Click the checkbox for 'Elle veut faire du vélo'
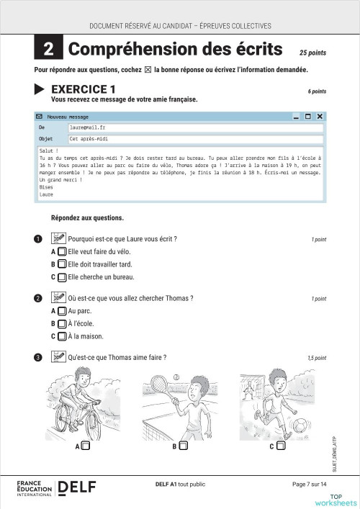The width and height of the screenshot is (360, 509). pos(62,252)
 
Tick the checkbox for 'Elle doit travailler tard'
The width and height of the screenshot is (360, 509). pos(62,264)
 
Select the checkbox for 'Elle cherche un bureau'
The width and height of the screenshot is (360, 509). pos(62,276)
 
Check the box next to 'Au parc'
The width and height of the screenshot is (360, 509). pos(62,311)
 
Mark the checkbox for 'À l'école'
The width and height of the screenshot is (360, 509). pos(62,323)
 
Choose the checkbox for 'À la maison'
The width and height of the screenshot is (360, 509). pos(62,335)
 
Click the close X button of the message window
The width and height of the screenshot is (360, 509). pos(320,117)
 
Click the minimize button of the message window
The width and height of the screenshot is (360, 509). pos(296,117)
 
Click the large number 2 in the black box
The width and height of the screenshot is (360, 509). pos(48,49)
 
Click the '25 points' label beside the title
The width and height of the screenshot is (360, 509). pos(312,53)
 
